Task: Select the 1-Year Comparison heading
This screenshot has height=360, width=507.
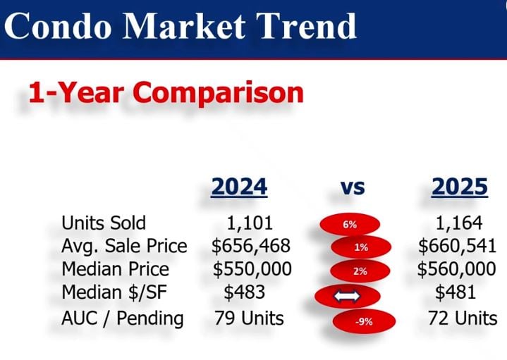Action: click(x=166, y=92)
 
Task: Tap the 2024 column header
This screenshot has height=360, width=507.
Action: click(x=240, y=187)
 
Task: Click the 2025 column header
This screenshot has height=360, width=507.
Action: click(x=460, y=187)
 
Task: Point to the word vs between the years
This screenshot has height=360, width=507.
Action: click(x=352, y=187)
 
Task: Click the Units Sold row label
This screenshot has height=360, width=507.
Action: click(x=104, y=223)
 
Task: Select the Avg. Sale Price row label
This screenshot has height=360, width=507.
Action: click(x=125, y=247)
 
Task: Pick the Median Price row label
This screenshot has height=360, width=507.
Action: click(x=116, y=269)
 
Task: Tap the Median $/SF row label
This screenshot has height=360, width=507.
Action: click(x=114, y=292)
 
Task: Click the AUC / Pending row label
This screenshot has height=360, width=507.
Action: click(x=123, y=318)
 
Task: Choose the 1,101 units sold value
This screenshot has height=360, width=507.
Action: click(x=250, y=223)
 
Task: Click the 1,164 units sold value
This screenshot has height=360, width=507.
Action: click(x=458, y=223)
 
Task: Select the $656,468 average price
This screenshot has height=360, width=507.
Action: click(x=252, y=247)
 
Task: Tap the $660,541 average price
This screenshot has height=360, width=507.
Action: click(x=457, y=247)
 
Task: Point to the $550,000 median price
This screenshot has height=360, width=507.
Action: click(x=252, y=269)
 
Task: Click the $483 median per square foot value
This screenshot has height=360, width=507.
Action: click(x=245, y=292)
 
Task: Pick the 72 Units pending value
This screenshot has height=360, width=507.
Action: click(x=462, y=318)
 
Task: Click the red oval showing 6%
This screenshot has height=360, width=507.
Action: click(x=350, y=225)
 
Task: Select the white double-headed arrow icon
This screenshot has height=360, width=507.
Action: click(x=347, y=297)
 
